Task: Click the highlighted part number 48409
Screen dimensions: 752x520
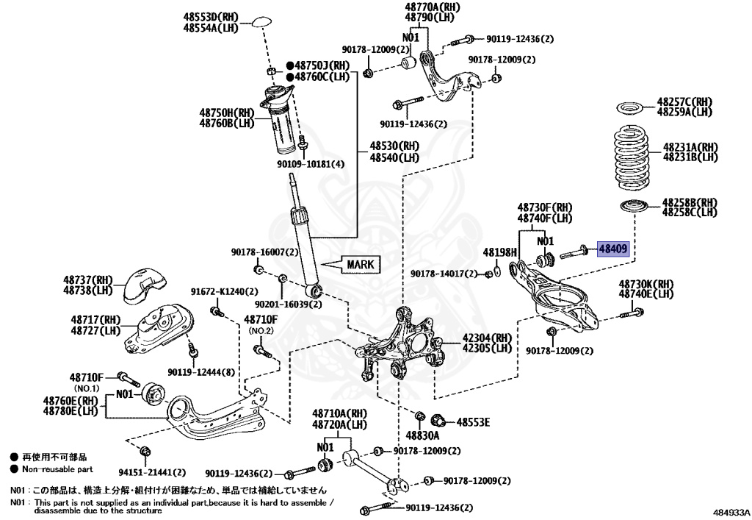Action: (613, 249)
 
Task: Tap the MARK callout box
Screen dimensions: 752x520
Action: (360, 265)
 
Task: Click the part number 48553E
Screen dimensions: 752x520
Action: (473, 422)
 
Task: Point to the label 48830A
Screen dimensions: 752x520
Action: (422, 435)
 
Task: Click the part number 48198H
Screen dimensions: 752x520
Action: (499, 252)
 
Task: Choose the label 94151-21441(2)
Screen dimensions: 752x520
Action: (152, 472)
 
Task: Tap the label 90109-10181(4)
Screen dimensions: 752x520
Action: (311, 164)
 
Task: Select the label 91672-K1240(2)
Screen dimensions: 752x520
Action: (224, 291)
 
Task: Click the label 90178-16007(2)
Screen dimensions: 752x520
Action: (264, 252)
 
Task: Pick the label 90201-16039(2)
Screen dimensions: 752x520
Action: (288, 304)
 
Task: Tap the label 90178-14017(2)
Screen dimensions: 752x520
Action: (444, 274)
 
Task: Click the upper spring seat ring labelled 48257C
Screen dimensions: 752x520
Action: (631, 109)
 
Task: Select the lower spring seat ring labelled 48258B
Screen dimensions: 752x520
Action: (634, 207)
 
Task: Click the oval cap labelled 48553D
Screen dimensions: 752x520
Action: (262, 23)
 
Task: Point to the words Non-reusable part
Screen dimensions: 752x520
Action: (57, 469)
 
